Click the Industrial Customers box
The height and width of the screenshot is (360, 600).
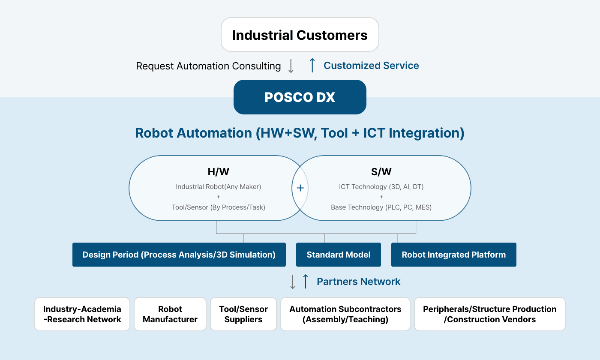point(300,35)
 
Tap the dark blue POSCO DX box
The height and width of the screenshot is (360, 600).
point(300,97)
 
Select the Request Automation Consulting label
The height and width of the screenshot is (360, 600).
point(208,66)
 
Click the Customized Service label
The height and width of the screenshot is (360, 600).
point(371,65)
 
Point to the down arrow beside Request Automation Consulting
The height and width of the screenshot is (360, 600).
point(291,66)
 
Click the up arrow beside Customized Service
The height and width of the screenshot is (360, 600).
point(312,65)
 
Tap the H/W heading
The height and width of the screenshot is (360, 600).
point(218,172)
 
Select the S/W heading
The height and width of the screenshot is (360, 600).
point(381,172)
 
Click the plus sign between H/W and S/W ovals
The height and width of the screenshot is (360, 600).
point(300,188)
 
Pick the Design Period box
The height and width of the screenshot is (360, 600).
point(179,255)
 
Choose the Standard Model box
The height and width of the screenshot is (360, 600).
point(338,255)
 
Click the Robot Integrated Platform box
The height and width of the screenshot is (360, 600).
point(454,255)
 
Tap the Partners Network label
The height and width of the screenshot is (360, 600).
point(358,282)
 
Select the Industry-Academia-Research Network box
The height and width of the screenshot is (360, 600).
point(82,314)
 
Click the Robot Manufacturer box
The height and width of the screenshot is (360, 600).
point(170,314)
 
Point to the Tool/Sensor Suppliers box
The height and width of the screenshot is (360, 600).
point(243,314)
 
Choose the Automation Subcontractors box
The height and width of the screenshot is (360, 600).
point(345,314)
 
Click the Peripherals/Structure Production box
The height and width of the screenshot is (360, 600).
point(489,314)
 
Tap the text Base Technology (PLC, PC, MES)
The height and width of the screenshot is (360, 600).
point(381,207)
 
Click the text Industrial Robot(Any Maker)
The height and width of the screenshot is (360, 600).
point(218,187)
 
